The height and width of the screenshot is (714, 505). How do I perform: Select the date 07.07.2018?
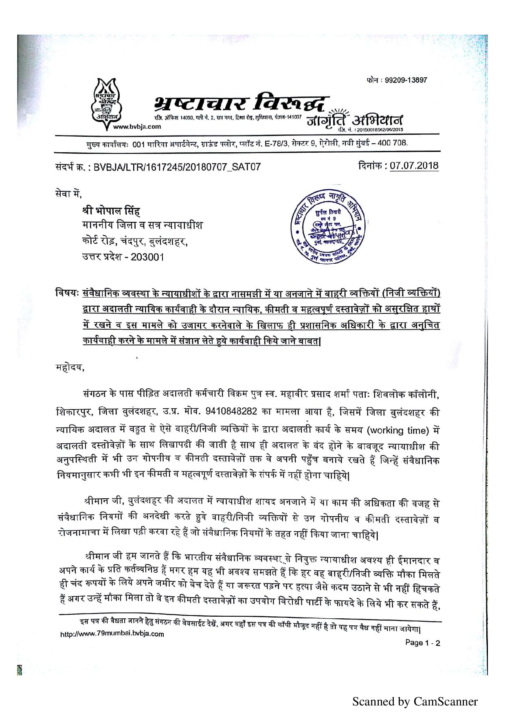point(414,165)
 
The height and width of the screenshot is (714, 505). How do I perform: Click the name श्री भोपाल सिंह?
point(110,211)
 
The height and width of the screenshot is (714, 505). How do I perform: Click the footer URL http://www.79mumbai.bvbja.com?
point(112,634)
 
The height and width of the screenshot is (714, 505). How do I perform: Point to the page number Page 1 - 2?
point(422,643)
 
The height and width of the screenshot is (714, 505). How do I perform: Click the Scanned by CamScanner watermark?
point(415,701)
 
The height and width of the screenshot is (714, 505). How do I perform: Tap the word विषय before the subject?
point(67,293)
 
